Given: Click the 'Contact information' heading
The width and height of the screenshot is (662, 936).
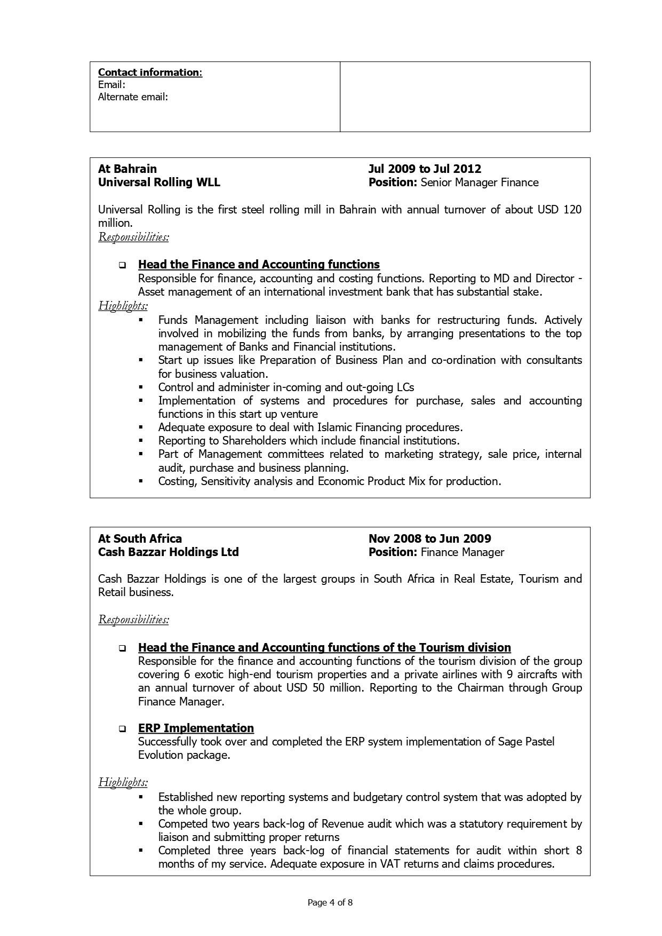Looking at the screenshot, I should click(x=150, y=73).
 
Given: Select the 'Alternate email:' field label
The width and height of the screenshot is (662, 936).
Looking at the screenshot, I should click(x=133, y=97).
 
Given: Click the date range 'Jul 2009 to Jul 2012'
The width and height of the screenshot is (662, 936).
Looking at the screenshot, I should click(x=425, y=169).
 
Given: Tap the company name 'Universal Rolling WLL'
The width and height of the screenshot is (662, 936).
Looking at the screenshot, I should click(x=159, y=183).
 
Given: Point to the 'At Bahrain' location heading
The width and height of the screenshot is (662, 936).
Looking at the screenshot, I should click(x=127, y=169).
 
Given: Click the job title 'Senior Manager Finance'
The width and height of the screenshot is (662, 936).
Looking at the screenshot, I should click(x=480, y=183).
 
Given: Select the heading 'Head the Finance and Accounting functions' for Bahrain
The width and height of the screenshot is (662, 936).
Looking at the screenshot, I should click(x=259, y=265).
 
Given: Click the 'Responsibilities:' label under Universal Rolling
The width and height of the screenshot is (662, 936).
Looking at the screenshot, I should click(x=133, y=237).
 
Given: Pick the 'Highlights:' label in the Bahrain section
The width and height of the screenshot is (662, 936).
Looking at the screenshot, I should click(x=123, y=306).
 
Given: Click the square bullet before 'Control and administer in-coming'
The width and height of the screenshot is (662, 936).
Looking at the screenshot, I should click(x=141, y=387).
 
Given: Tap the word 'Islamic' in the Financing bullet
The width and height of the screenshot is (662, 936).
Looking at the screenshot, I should click(x=336, y=427).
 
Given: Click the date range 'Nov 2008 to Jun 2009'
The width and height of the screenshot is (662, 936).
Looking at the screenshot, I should click(x=429, y=539).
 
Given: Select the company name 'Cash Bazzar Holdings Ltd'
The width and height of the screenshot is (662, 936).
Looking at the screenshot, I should click(x=168, y=552).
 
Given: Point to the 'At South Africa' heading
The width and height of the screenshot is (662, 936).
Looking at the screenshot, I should click(x=140, y=539).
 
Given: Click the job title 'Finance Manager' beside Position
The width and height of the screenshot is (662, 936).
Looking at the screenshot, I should click(x=462, y=552).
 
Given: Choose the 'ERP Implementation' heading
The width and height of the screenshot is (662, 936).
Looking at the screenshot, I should click(x=196, y=728).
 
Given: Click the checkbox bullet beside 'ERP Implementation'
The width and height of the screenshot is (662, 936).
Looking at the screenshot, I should click(x=123, y=729).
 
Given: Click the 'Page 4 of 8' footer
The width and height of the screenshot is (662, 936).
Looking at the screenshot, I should click(x=331, y=903).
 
